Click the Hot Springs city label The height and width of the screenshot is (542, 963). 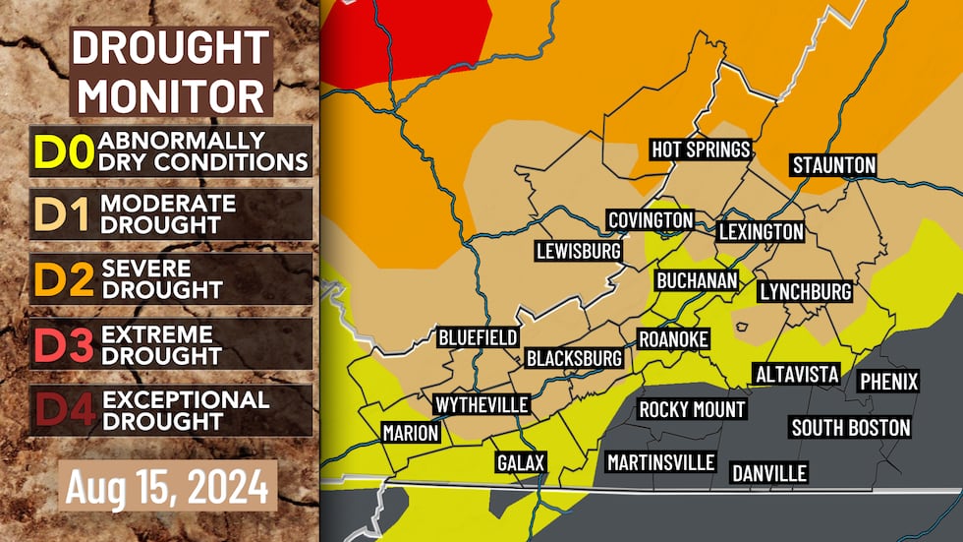click(x=701, y=150)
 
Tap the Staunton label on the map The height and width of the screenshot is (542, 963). click(x=833, y=164)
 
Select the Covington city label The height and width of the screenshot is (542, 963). click(x=651, y=219)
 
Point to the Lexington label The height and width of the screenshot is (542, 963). click(x=761, y=232)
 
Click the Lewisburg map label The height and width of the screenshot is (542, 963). click(x=578, y=251)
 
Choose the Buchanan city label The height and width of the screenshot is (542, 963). click(x=697, y=280)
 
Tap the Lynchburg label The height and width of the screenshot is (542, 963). click(x=805, y=292)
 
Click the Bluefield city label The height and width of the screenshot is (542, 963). click(x=478, y=337)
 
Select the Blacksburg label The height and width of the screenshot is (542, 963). click(x=575, y=358)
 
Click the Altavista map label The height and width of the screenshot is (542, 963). click(x=796, y=374)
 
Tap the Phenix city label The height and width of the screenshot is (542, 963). click(x=888, y=381)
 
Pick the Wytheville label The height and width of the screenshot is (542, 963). click(x=481, y=404)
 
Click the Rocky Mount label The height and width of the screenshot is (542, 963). click(x=692, y=409)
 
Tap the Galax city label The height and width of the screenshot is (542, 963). click(x=520, y=462)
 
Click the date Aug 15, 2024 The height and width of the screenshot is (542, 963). click(x=167, y=485)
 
